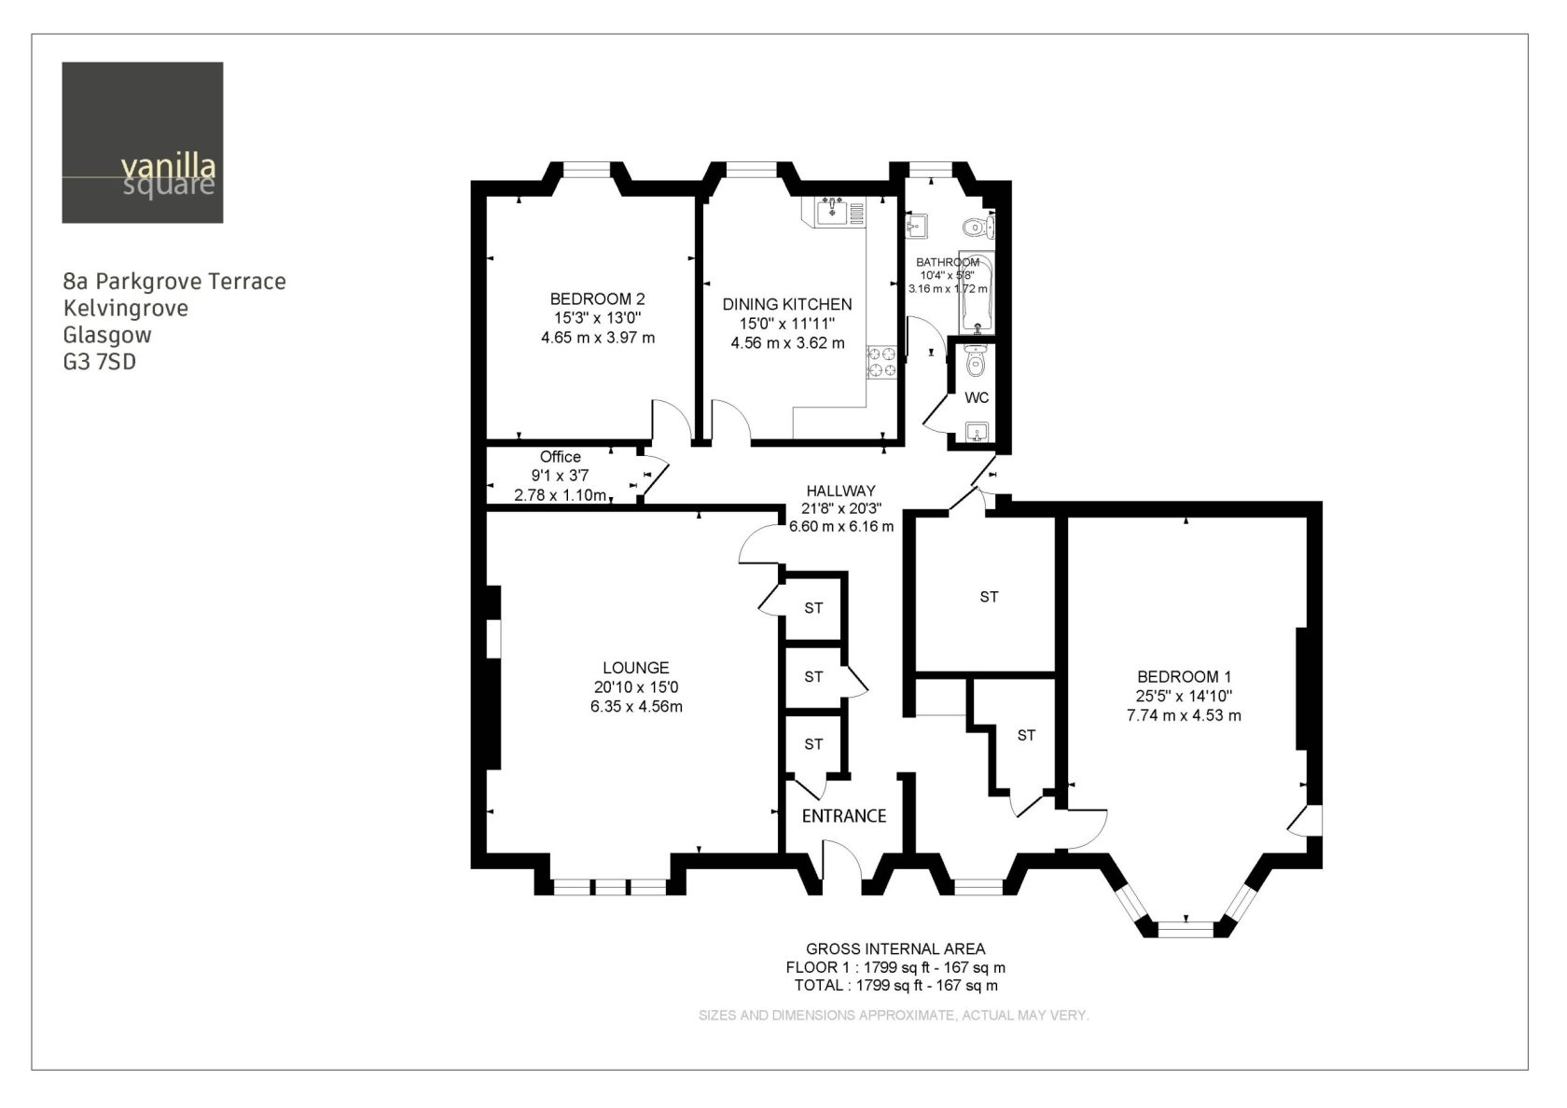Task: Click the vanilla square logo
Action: [143, 143]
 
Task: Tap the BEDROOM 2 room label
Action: [597, 299]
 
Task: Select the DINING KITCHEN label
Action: [787, 304]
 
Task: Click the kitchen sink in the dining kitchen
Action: [832, 211]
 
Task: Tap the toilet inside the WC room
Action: [975, 360]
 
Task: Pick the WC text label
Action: [977, 398]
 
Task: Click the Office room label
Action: [561, 457]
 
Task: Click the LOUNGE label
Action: [636, 668]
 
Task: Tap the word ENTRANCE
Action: [843, 815]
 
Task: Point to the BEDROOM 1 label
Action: [1184, 677]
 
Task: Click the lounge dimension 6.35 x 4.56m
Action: [636, 707]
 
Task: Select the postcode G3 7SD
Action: [99, 362]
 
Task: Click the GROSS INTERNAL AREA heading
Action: [895, 949]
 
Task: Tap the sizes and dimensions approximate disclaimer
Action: [894, 1015]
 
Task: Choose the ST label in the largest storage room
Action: [989, 597]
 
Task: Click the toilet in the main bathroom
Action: [978, 228]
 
